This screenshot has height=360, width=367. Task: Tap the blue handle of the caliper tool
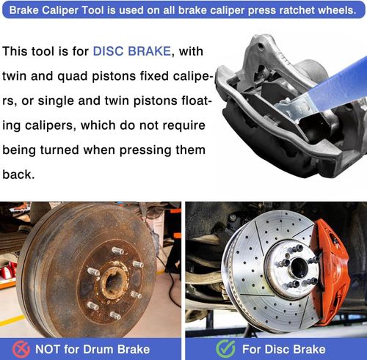coord(330,84)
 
